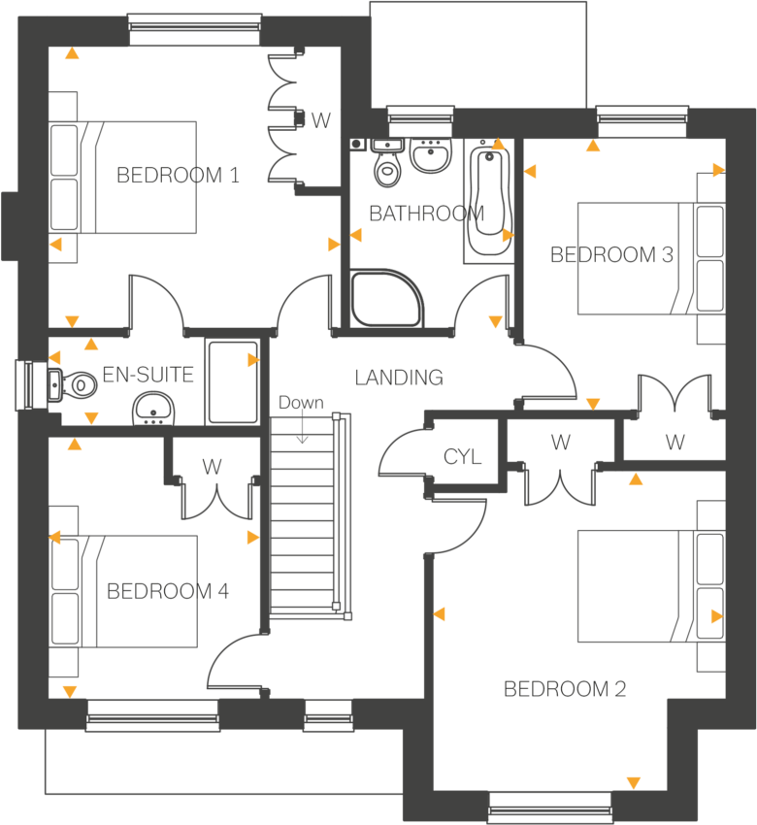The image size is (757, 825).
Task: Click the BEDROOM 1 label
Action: (x=178, y=176)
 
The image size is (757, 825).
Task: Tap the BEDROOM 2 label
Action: (x=565, y=689)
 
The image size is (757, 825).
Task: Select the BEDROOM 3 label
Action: (x=611, y=255)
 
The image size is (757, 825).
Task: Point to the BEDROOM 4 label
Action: (x=168, y=591)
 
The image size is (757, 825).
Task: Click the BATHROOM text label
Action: (x=427, y=214)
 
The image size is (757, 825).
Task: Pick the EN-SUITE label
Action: (x=148, y=375)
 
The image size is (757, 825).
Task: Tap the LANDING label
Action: (x=399, y=378)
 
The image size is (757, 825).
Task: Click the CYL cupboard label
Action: (x=463, y=457)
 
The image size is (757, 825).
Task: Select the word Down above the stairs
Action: (x=301, y=403)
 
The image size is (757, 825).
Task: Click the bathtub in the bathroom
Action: (x=487, y=204)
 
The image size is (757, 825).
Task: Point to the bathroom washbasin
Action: (x=429, y=155)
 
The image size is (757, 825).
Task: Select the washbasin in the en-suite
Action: (x=153, y=410)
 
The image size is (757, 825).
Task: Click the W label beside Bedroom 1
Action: (x=321, y=121)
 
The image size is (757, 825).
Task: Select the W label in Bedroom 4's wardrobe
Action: (x=213, y=467)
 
